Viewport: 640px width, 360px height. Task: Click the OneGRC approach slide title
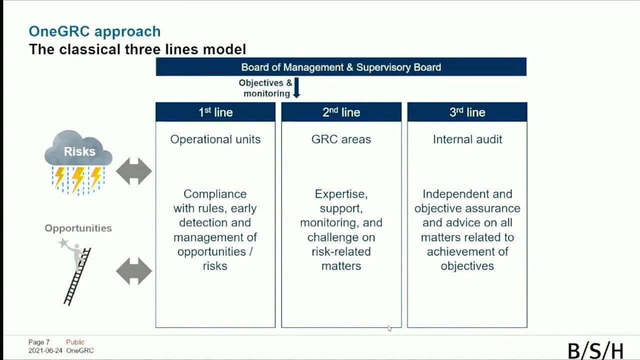point(94,31)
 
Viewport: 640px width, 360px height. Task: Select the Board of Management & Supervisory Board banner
point(341,67)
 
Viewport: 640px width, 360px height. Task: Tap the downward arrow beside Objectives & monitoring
point(296,87)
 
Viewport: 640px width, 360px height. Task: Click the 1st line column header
point(215,112)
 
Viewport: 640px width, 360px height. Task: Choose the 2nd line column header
point(341,112)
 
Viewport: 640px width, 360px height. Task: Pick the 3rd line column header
point(467,112)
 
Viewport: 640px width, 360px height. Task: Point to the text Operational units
point(215,139)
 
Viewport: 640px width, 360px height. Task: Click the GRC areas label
point(341,139)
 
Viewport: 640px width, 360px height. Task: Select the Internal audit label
point(467,139)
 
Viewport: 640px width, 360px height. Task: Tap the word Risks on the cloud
point(79,151)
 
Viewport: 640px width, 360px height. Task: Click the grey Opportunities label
point(78,228)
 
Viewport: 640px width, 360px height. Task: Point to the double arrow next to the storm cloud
point(134,171)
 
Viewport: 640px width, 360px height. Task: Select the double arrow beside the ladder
point(134,271)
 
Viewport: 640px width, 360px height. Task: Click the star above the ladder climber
point(63,243)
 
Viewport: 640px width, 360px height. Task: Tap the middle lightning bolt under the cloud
point(78,180)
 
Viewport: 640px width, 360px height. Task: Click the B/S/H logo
point(595,350)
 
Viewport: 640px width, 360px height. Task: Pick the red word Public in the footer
point(75,342)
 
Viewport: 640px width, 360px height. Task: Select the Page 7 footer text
point(39,342)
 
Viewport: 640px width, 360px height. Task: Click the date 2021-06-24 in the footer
point(45,350)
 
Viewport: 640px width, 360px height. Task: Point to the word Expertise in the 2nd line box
point(341,194)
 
